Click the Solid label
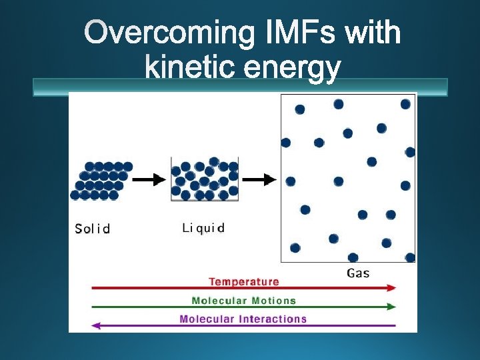pyautogui.click(x=93, y=229)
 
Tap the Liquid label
pyautogui.click(x=203, y=228)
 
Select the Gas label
pyautogui.click(x=358, y=273)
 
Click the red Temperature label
pyautogui.click(x=244, y=282)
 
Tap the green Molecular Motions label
pyautogui.click(x=244, y=301)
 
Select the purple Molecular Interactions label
pyautogui.click(x=243, y=319)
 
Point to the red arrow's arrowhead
pyautogui.click(x=392, y=288)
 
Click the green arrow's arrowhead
pyautogui.click(x=392, y=307)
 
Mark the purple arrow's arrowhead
pyautogui.click(x=95, y=325)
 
